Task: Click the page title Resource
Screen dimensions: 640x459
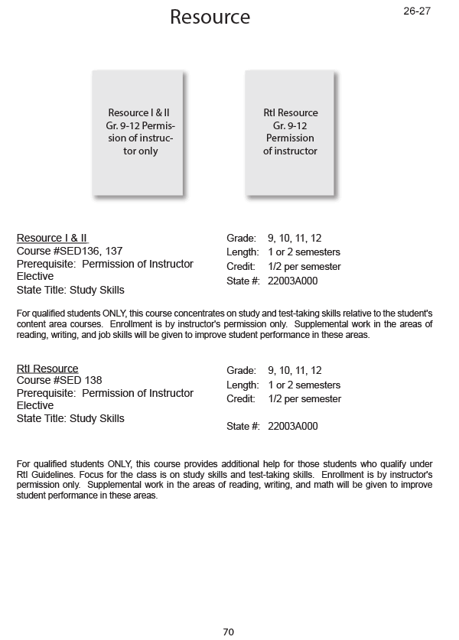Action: (210, 17)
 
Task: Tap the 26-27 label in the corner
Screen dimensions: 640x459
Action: (417, 11)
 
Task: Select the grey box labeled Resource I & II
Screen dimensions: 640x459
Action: (138, 132)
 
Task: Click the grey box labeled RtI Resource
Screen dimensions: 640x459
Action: (290, 132)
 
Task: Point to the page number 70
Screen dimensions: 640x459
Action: (228, 632)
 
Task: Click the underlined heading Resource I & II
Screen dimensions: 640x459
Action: (52, 238)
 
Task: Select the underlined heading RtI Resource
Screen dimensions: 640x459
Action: (47, 369)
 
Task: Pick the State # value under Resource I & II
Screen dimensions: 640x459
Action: (293, 281)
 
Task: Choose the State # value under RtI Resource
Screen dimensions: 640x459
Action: (293, 426)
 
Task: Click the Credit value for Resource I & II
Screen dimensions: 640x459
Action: (304, 267)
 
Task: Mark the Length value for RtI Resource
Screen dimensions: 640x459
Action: (304, 385)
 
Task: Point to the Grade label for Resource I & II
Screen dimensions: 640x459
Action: (241, 239)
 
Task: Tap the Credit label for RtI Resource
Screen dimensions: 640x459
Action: (241, 399)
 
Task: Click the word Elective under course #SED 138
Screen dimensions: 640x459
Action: (35, 405)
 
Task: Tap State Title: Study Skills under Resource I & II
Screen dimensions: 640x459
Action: (70, 290)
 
